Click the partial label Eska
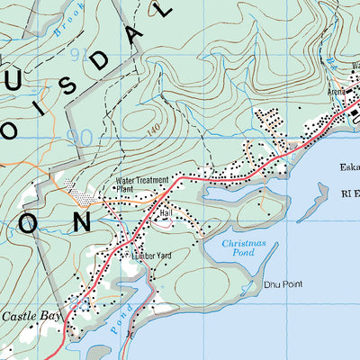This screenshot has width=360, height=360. click(x=349, y=166)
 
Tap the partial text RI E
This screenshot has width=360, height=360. click(x=346, y=192)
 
